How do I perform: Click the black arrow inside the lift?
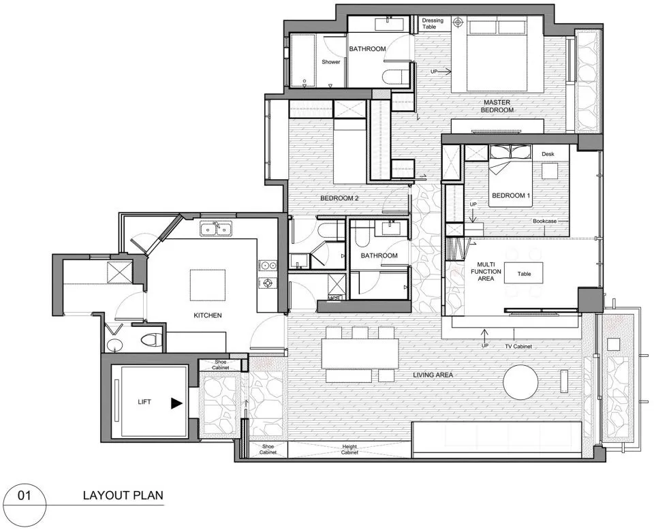[176, 403]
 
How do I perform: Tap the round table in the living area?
[520, 382]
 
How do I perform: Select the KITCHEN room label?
[208, 315]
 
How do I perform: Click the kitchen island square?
[208, 285]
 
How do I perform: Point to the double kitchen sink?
[216, 229]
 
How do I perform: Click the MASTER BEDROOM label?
[497, 106]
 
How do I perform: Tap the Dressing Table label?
[433, 23]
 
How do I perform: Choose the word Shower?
[331, 62]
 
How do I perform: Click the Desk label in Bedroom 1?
[548, 154]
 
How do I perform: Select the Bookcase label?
[544, 221]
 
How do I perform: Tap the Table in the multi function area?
[524, 274]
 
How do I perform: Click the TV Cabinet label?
[518, 346]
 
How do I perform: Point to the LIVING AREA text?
[433, 375]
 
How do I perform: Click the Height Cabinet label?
[349, 449]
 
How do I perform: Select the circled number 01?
[25, 495]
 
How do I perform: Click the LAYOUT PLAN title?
[123, 495]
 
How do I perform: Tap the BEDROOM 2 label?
[339, 198]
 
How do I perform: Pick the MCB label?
[334, 298]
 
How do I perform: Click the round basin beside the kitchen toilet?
[114, 345]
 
